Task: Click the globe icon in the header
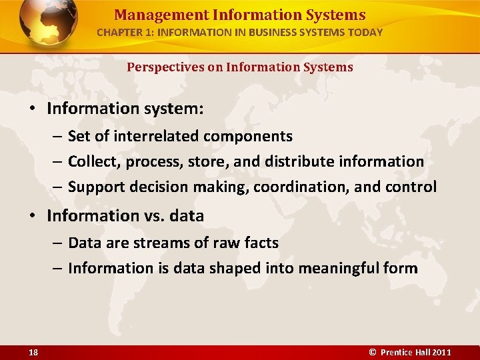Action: [x=48, y=23]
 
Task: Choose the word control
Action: [x=412, y=187]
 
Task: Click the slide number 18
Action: [x=33, y=352]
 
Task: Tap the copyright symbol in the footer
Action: [x=373, y=352]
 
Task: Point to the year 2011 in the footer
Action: [x=442, y=352]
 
